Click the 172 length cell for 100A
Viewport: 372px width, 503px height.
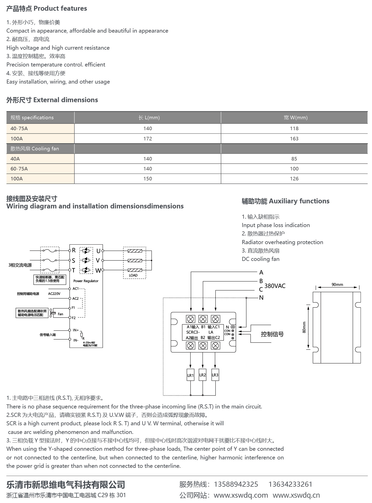(148, 139)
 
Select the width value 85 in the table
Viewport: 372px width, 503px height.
(294, 159)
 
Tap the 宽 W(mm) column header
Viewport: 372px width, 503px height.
(296, 117)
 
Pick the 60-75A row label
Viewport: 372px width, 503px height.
(19, 169)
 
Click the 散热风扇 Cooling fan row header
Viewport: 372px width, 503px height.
(35, 149)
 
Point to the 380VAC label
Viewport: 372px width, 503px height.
(275, 286)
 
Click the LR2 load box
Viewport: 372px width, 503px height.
(202, 375)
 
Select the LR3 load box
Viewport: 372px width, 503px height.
(215, 375)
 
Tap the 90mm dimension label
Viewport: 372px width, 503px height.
(337, 284)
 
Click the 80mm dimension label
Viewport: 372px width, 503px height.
(304, 327)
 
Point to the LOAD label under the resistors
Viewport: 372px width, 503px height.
(133, 275)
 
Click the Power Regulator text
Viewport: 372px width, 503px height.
(86, 281)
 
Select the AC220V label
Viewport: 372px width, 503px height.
(54, 294)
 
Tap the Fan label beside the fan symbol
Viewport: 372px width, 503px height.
(60, 314)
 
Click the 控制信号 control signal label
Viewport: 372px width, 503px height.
(272, 334)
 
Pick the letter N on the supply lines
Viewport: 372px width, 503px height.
(261, 298)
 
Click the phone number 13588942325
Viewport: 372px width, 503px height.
(236, 484)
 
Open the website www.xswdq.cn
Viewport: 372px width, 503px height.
(296, 495)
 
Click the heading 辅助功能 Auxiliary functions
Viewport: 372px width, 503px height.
(285, 201)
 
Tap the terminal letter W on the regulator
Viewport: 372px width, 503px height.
(98, 271)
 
